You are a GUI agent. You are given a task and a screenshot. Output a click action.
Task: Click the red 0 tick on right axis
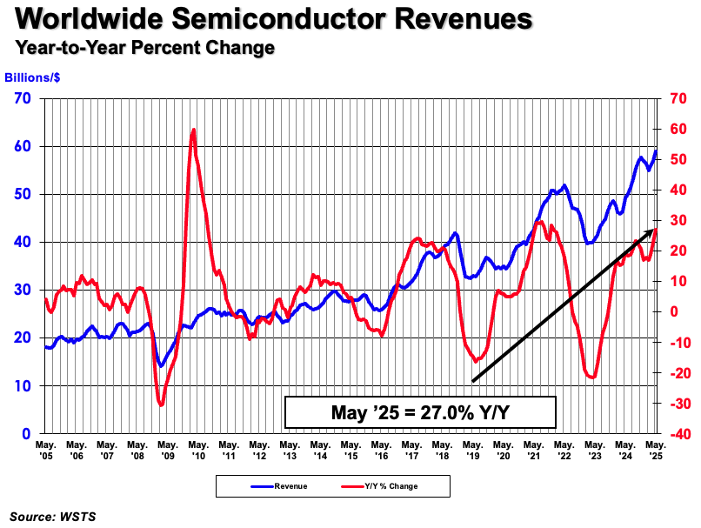[x=671, y=311]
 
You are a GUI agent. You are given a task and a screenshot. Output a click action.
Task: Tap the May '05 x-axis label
[x=45, y=449]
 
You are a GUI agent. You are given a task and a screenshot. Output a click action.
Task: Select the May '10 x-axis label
[x=197, y=449]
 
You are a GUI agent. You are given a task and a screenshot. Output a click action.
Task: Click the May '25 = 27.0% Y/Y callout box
[x=420, y=412]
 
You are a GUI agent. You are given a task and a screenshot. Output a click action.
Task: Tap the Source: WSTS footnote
[x=53, y=516]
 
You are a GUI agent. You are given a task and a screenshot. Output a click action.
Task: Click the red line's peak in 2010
[x=193, y=130]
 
